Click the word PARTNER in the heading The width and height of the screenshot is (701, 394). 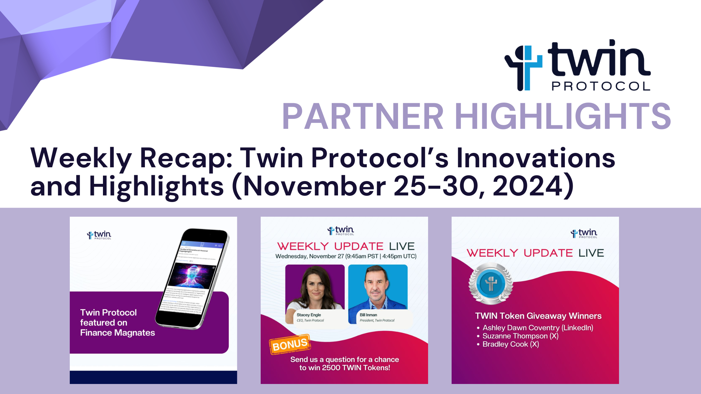(x=363, y=116)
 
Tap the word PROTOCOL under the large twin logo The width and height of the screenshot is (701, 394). (x=601, y=86)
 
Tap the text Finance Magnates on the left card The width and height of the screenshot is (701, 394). (x=117, y=333)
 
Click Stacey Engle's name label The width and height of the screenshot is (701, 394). (x=309, y=315)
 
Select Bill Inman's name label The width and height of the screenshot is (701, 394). (x=368, y=315)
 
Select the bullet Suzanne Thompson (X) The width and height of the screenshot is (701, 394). (x=520, y=336)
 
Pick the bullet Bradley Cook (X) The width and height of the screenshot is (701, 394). (x=510, y=344)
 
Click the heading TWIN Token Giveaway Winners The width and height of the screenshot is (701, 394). (x=538, y=316)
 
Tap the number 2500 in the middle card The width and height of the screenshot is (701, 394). (x=331, y=368)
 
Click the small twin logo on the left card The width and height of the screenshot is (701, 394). (x=99, y=235)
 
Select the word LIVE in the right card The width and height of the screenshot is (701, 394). (x=591, y=253)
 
